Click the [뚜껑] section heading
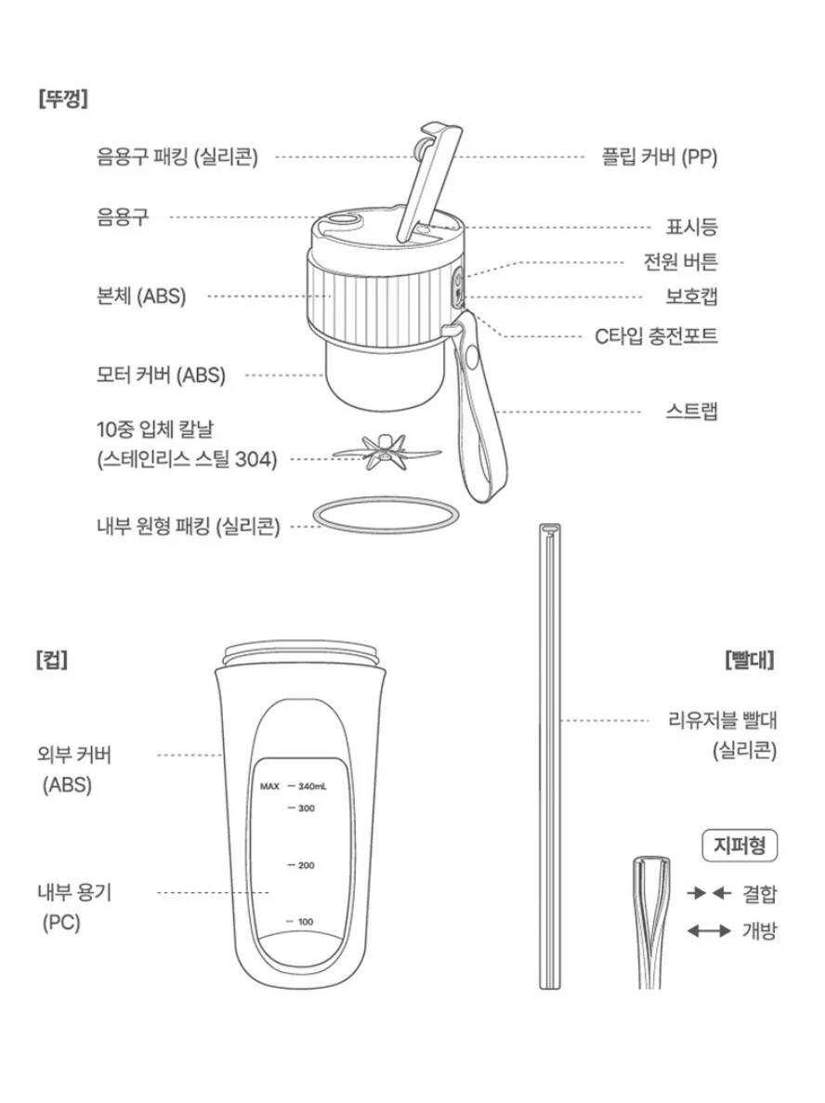pyautogui.click(x=63, y=98)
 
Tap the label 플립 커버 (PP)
pyautogui.click(x=659, y=156)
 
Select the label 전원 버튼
pyautogui.click(x=680, y=262)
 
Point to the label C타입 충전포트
pyautogui.click(x=656, y=335)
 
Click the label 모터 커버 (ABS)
pyautogui.click(x=161, y=374)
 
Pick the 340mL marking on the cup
pyautogui.click(x=312, y=786)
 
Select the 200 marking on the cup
pyautogui.click(x=306, y=865)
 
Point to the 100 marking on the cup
pyautogui.click(x=306, y=922)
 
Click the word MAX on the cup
pyautogui.click(x=269, y=786)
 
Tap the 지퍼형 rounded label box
pyautogui.click(x=740, y=845)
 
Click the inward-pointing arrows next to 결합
pyautogui.click(x=710, y=893)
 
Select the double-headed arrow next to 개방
pyautogui.click(x=709, y=931)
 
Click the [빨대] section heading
pyautogui.click(x=750, y=660)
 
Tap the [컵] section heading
pyautogui.click(x=51, y=660)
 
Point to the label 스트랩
pyautogui.click(x=691, y=411)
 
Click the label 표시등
pyautogui.click(x=691, y=227)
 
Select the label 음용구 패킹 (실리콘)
pyautogui.click(x=177, y=156)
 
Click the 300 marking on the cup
pyautogui.click(x=306, y=808)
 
